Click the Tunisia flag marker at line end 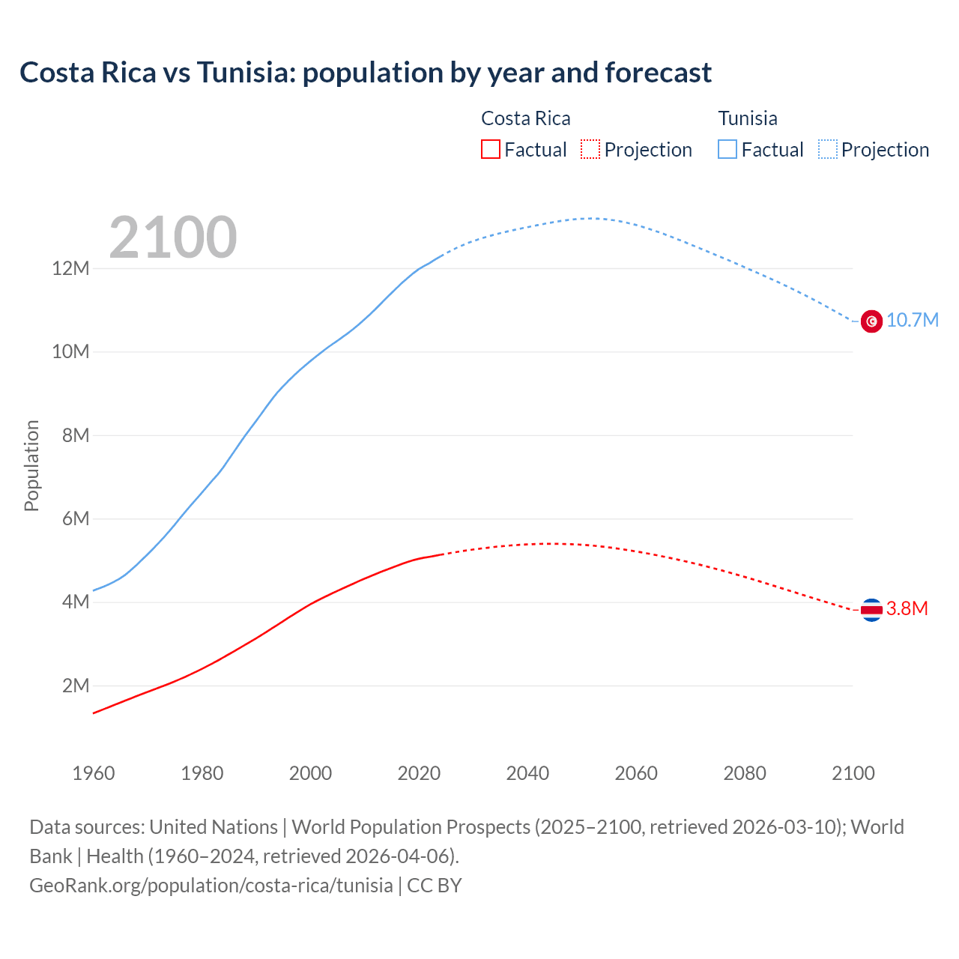coord(871,321)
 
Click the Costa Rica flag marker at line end coord(871,610)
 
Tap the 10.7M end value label coord(913,321)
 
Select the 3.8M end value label coord(907,609)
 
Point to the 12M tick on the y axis coord(70,268)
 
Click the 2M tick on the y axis coord(76,686)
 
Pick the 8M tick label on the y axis coord(76,435)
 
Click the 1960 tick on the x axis coord(94,773)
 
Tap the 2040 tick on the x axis coord(527,773)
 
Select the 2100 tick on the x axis coord(853,773)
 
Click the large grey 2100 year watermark coord(173,238)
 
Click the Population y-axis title coord(31,466)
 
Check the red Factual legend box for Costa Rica coord(491,150)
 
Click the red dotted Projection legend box coord(590,150)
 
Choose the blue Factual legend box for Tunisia coord(727,150)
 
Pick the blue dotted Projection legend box coord(828,150)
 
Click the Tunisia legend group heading coord(748,118)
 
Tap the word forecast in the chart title coord(658,73)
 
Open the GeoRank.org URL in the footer coord(211,885)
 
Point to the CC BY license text coord(435,885)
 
